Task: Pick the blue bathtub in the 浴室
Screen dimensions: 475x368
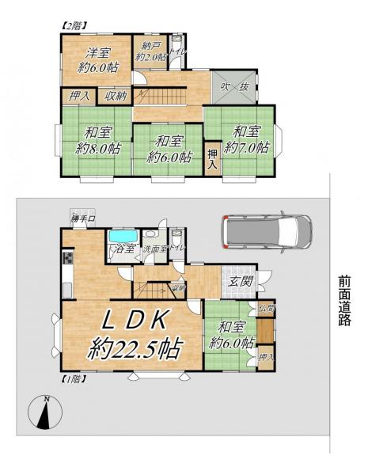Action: click(123, 237)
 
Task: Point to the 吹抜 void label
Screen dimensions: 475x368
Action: click(236, 85)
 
